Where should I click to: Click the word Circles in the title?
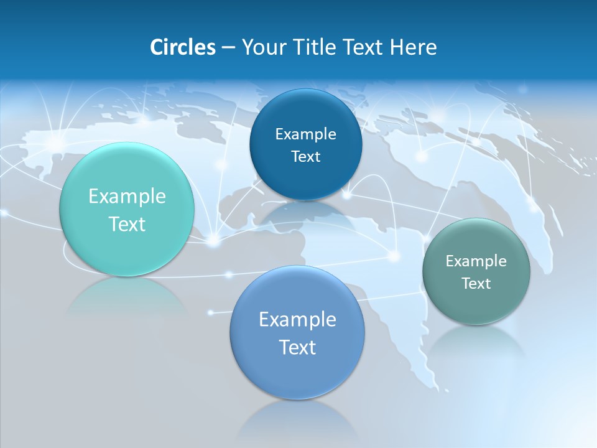point(183,47)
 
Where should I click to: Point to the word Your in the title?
point(262,47)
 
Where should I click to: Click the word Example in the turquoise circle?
point(127,197)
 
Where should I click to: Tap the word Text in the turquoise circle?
point(127,224)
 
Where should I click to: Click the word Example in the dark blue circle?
point(305,134)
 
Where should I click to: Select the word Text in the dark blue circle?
point(305,157)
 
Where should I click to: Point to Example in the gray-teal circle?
point(476,261)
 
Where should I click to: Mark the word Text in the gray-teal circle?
point(476,284)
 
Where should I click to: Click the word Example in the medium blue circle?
point(297,320)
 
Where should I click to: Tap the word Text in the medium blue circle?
point(297,347)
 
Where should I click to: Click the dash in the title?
point(228,48)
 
